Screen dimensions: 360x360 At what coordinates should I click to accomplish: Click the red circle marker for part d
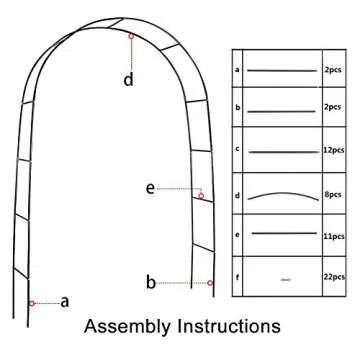click(131, 36)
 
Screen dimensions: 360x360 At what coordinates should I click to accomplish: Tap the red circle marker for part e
click(201, 196)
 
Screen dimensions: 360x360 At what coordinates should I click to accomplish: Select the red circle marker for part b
click(210, 283)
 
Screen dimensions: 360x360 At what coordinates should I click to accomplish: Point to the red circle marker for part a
click(32, 303)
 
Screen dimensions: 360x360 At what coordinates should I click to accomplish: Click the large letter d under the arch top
click(129, 80)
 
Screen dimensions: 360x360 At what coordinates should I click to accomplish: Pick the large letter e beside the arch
click(150, 189)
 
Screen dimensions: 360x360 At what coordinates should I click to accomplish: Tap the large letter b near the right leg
click(151, 282)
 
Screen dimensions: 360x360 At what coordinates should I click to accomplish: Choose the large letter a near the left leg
click(65, 302)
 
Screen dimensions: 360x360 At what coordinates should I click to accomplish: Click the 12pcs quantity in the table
click(333, 150)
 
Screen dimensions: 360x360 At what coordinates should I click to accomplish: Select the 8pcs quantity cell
click(333, 194)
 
